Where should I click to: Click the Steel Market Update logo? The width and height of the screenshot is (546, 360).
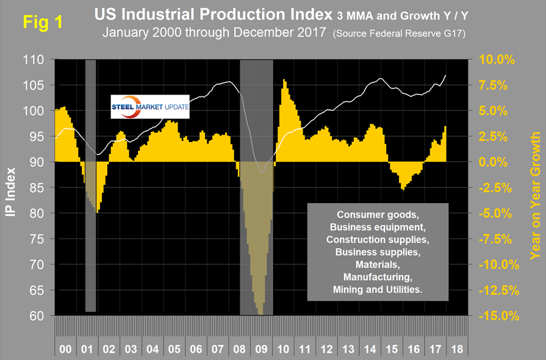150,107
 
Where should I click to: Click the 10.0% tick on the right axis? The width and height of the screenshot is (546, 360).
494,60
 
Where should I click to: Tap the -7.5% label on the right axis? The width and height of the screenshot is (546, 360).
494,239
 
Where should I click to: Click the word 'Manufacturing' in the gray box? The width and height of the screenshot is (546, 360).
379,277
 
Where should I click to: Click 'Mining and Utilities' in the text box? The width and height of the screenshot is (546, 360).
379,290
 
